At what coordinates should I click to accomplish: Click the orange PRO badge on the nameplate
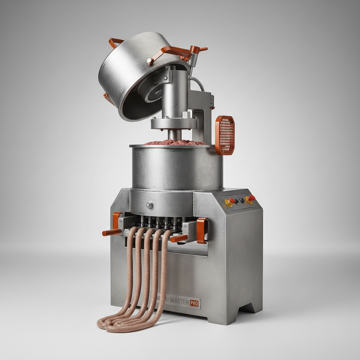(194, 303)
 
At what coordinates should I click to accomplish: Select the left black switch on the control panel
(237, 201)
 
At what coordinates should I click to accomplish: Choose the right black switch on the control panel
(242, 200)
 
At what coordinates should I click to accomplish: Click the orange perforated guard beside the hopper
(225, 135)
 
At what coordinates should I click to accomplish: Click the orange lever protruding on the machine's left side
(112, 232)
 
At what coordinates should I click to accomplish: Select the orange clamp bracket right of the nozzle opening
(201, 230)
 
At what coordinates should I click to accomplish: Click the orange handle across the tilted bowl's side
(169, 53)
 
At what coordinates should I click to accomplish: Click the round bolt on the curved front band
(150, 205)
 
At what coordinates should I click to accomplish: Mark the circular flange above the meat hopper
(174, 123)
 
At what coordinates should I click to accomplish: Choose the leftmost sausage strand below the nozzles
(130, 267)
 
